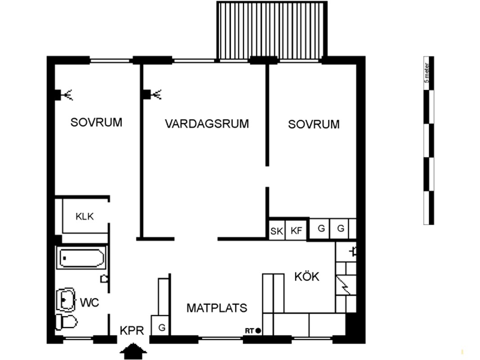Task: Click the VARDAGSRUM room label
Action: (207, 124)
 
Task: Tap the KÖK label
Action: (307, 276)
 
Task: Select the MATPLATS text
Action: (217, 308)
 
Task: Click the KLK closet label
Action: (85, 216)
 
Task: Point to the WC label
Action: (90, 303)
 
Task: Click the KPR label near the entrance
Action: (132, 331)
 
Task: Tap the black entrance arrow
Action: (133, 351)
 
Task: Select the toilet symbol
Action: (66, 322)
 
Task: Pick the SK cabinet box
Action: (276, 230)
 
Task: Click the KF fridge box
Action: (296, 230)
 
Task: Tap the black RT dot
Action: (258, 331)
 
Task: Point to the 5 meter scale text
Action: (427, 73)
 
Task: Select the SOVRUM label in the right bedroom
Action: (314, 124)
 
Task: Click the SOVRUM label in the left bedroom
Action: (96, 122)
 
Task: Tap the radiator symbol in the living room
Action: (153, 94)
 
